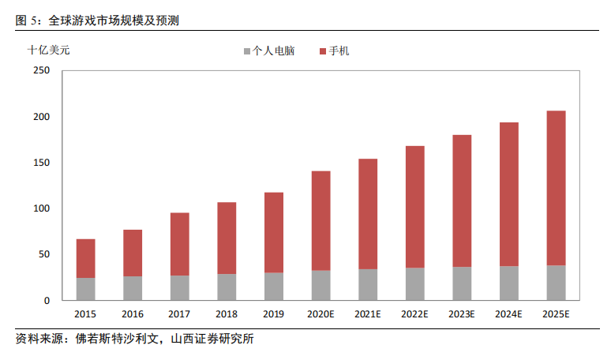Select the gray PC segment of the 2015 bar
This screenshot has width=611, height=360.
click(85, 289)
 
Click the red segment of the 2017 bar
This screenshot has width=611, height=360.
click(179, 244)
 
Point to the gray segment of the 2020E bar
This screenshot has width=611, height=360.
click(320, 286)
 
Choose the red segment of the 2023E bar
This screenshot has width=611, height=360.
click(462, 201)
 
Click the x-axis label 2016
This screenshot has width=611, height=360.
click(133, 314)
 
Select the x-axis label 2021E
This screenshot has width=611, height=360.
click(368, 314)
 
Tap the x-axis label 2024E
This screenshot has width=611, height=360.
click(509, 314)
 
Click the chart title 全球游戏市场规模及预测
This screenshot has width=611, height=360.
click(119, 20)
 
